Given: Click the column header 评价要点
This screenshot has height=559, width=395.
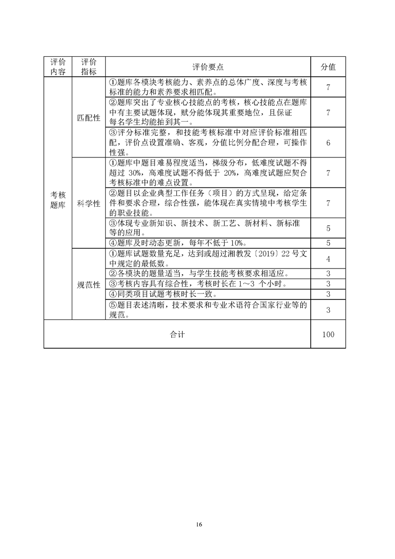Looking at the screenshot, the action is tap(208, 67).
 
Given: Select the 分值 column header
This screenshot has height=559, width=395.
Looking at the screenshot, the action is tap(328, 67).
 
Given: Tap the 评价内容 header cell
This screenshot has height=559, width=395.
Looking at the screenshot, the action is tap(58, 67).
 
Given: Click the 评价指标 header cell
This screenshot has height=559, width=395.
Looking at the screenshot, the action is tap(89, 67).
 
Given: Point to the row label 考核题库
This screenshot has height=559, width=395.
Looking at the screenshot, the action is tap(58, 200).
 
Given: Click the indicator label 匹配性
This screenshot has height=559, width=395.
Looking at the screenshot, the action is tap(89, 118).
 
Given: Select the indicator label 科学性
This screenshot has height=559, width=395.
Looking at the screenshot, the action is tap(89, 204).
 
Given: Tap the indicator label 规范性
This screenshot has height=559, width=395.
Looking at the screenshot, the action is tap(89, 285).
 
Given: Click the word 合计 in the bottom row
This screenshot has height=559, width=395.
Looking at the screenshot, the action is tap(177, 334).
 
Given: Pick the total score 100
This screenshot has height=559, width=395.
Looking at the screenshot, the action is tap(328, 334).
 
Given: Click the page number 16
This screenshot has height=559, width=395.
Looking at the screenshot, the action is tap(199, 524).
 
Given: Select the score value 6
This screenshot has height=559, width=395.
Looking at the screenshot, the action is tap(328, 142).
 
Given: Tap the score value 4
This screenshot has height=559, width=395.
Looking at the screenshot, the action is tap(328, 259).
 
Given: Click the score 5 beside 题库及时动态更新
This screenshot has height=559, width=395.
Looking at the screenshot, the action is tap(328, 243).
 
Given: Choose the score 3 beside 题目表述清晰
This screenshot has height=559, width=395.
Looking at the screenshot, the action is tap(328, 310).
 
